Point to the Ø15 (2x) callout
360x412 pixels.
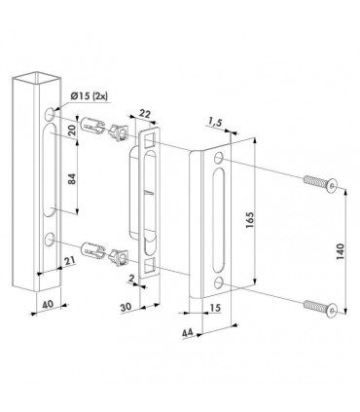pyautogui.click(x=93, y=95)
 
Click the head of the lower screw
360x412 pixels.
pyautogui.click(x=333, y=312)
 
